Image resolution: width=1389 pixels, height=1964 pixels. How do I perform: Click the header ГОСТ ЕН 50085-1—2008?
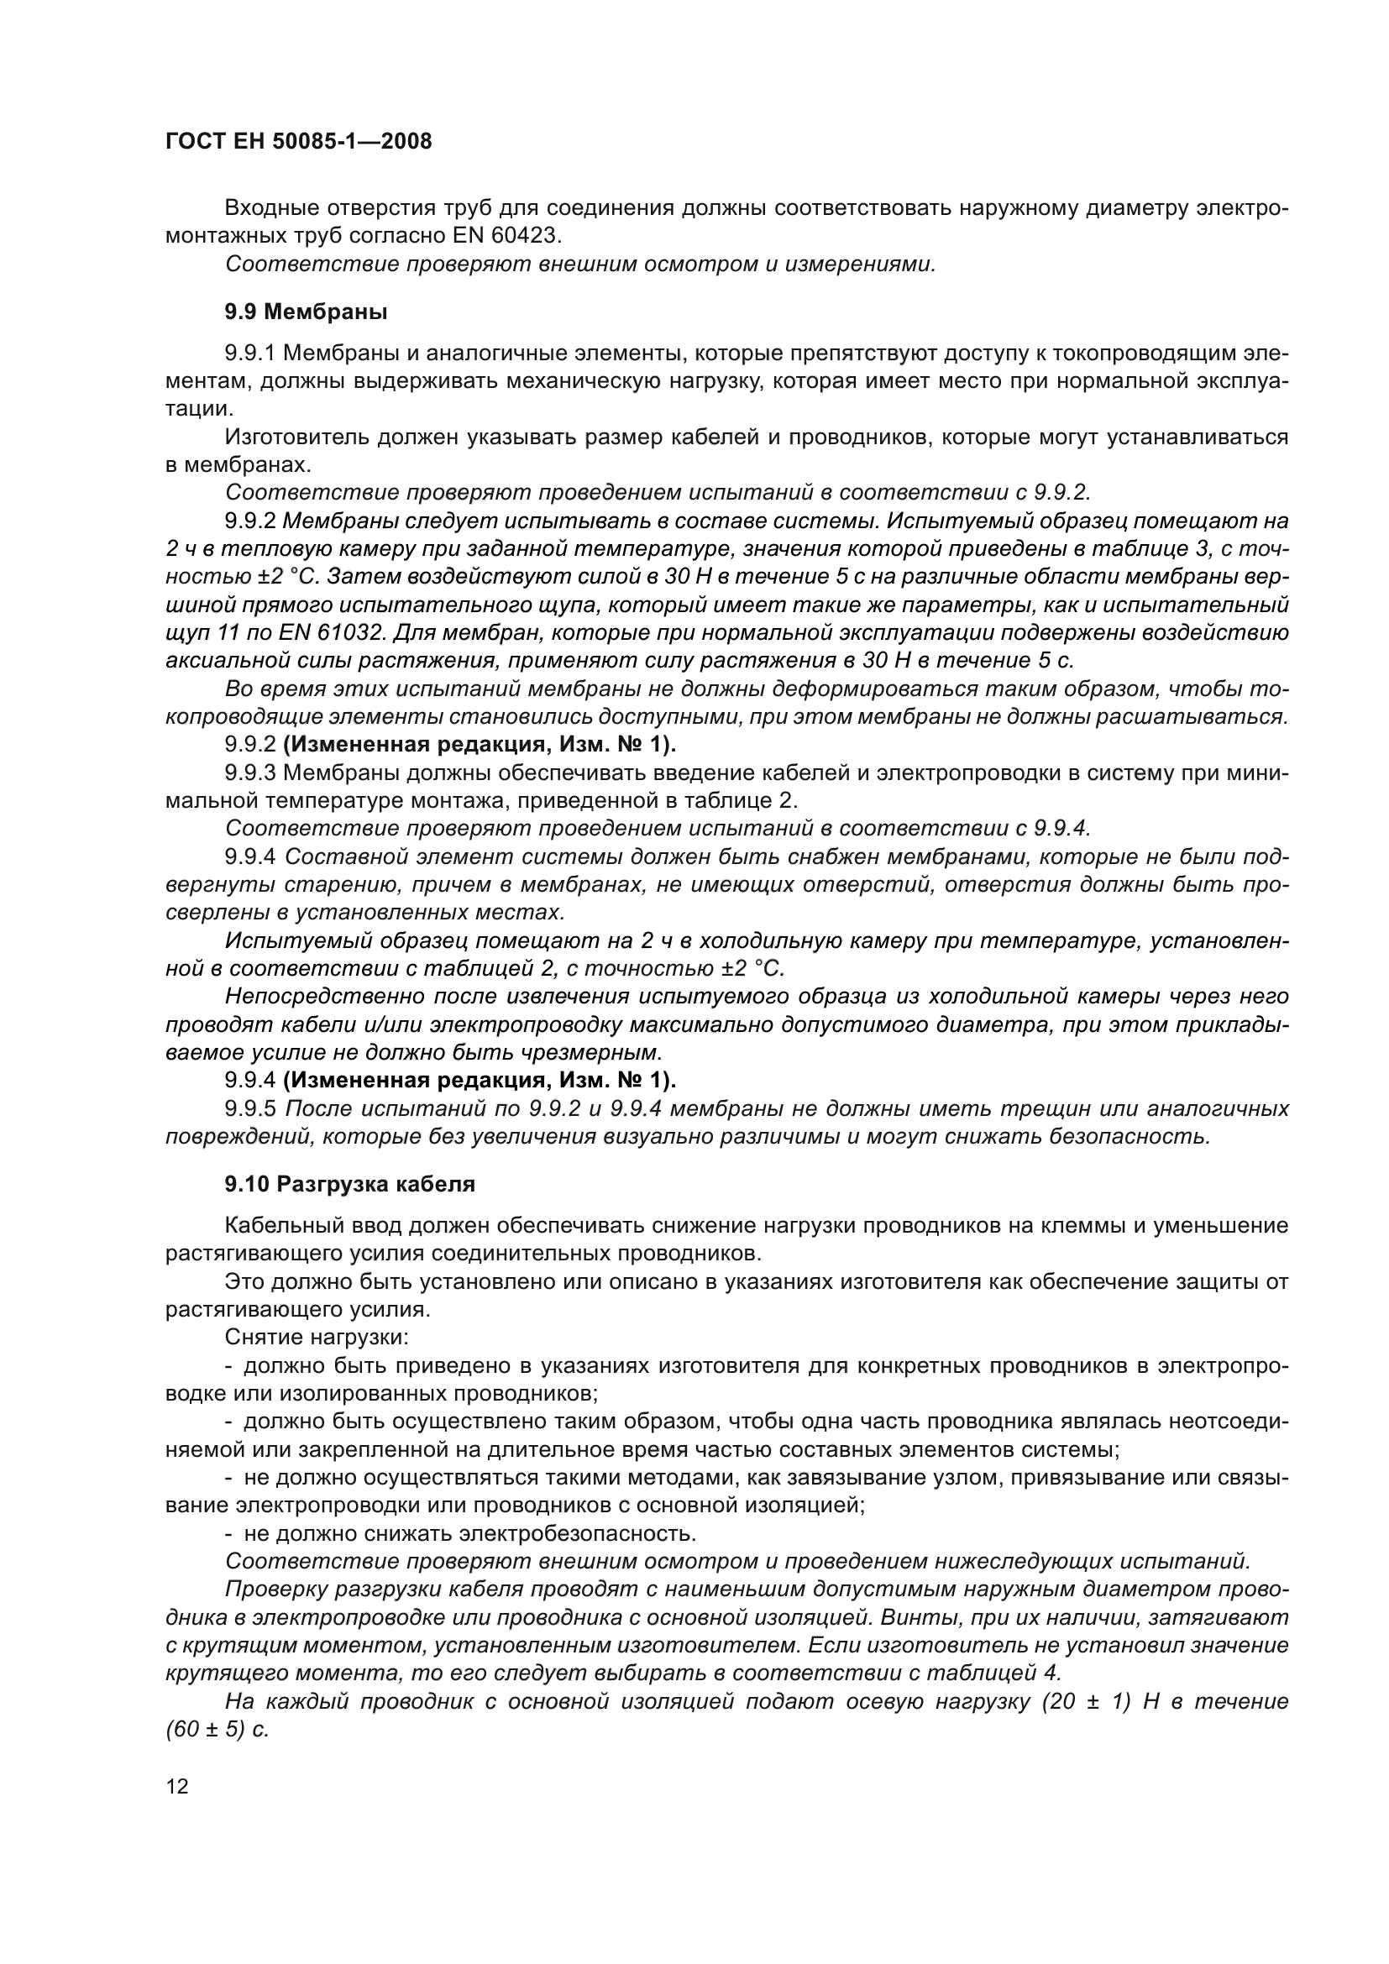coord(298,142)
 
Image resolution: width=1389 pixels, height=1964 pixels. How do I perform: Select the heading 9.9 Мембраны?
coord(307,313)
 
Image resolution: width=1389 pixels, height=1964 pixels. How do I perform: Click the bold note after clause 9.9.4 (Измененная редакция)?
coord(479,1082)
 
